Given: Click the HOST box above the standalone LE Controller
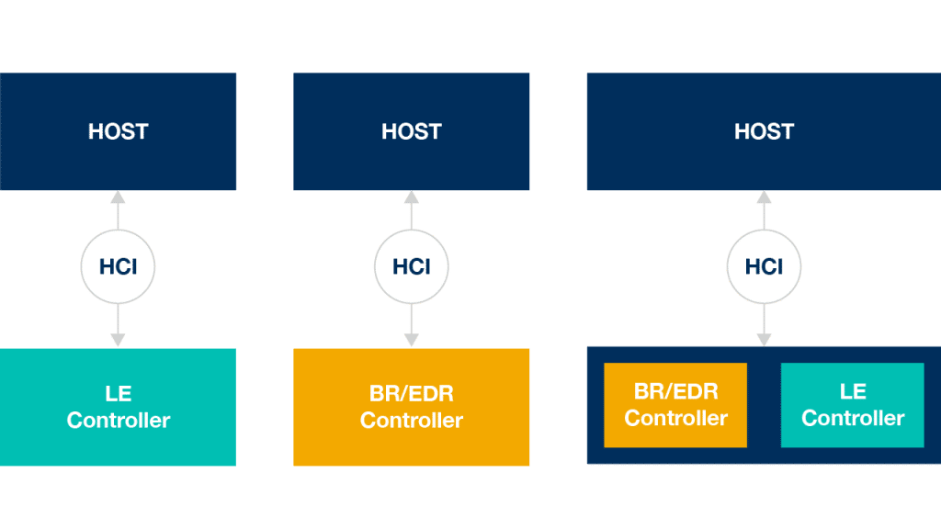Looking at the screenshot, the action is [119, 131].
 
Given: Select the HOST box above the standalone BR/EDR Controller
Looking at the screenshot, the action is [411, 131].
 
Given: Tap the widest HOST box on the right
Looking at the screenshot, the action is [764, 131].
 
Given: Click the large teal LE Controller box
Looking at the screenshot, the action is [119, 407].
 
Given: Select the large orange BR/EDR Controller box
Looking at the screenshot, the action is [411, 407].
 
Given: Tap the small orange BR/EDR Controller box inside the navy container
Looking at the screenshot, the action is [675, 405].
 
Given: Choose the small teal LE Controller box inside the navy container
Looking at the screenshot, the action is [852, 405].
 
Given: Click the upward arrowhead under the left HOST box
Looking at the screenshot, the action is [119, 197].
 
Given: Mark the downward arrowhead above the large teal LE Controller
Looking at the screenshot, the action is [119, 340].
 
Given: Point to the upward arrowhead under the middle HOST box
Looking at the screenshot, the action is [411, 197].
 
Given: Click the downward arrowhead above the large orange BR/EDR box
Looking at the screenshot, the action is [411, 340].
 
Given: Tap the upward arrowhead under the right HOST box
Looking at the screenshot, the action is [764, 197].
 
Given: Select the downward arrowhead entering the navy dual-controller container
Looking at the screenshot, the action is [764, 340].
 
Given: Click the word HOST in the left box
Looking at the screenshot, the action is [119, 131].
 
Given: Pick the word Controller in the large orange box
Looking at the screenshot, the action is [411, 420].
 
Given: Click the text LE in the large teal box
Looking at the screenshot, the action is [119, 393].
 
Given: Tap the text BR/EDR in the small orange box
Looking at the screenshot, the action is [675, 391].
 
